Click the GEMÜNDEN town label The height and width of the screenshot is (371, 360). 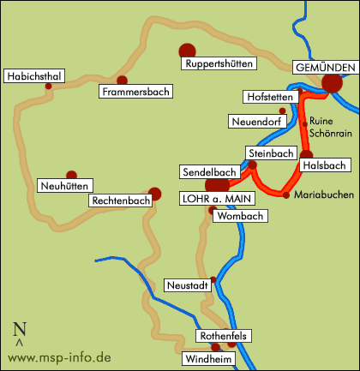click(324, 68)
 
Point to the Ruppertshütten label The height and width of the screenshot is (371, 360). click(218, 63)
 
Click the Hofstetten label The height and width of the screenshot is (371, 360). click(270, 96)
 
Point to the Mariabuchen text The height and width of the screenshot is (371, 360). click(323, 195)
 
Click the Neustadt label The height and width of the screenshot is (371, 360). click(186, 285)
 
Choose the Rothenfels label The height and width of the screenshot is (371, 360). click(222, 336)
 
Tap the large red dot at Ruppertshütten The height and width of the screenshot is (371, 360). click(186, 51)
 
